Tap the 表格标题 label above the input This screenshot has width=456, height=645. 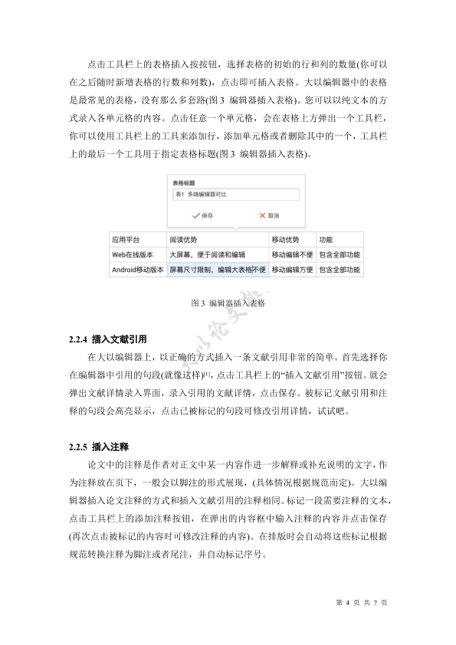pyautogui.click(x=184, y=183)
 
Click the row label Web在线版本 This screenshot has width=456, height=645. pyautogui.click(x=133, y=254)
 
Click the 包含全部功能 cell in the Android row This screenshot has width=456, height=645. pyautogui.click(x=340, y=270)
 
